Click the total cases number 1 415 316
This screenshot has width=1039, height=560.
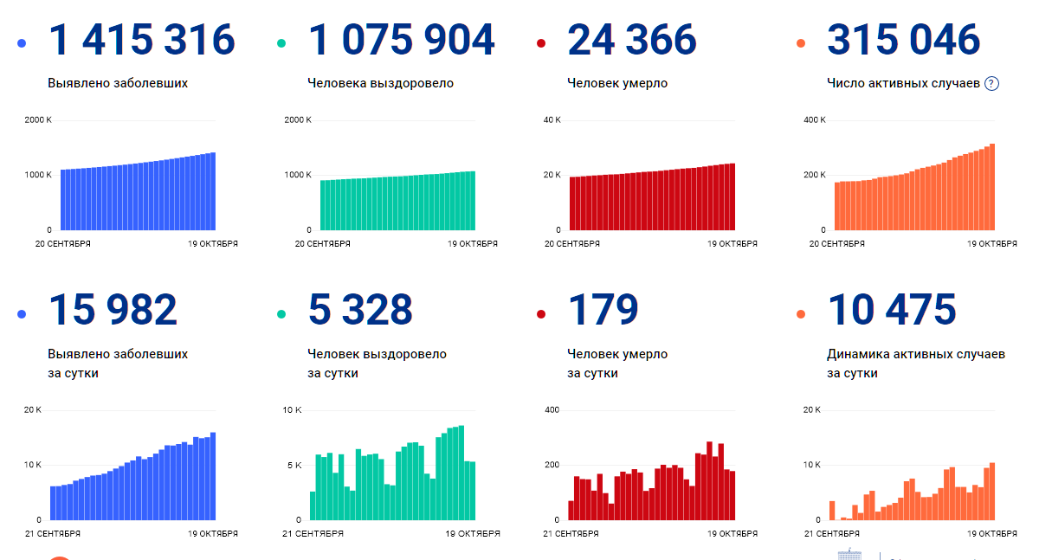[141, 40]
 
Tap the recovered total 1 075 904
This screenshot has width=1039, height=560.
[401, 40]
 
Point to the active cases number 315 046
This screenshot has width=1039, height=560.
[903, 40]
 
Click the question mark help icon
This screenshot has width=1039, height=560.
[992, 84]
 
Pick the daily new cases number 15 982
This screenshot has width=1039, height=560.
[113, 310]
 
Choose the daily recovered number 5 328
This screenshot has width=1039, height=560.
[360, 310]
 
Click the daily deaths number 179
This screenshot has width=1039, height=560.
[603, 310]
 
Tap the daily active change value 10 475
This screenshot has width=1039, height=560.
[892, 310]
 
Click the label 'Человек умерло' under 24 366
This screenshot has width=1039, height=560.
[617, 84]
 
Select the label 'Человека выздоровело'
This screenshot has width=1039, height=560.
[380, 84]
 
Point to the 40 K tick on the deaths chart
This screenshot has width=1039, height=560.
[552, 119]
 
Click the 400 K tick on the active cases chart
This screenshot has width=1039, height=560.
[814, 119]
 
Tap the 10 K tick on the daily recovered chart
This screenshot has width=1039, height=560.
[292, 409]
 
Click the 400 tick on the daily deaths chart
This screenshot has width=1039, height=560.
[552, 409]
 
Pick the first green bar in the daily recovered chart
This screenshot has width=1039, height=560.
[313, 506]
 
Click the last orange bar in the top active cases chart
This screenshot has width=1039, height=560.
[992, 187]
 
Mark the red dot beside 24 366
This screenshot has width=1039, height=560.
[541, 43]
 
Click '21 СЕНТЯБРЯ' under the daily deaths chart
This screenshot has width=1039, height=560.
[572, 534]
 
